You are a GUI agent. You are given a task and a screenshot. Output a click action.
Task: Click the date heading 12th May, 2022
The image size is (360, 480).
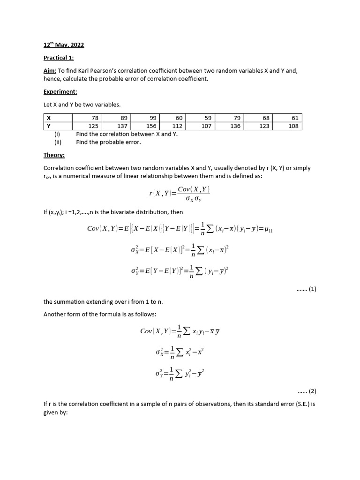click(x=64, y=45)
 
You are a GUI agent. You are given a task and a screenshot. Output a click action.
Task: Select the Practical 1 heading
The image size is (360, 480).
click(x=59, y=58)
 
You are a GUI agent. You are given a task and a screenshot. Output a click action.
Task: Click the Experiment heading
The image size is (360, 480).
click(x=60, y=92)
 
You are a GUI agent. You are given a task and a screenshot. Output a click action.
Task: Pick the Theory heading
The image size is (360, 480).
click(x=54, y=155)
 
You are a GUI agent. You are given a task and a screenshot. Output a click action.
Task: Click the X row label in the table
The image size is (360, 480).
click(x=49, y=118)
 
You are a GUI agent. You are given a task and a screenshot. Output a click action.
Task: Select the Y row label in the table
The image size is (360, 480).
click(x=49, y=126)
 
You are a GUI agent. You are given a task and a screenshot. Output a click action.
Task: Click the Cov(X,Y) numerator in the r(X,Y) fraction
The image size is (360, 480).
click(x=194, y=189)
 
